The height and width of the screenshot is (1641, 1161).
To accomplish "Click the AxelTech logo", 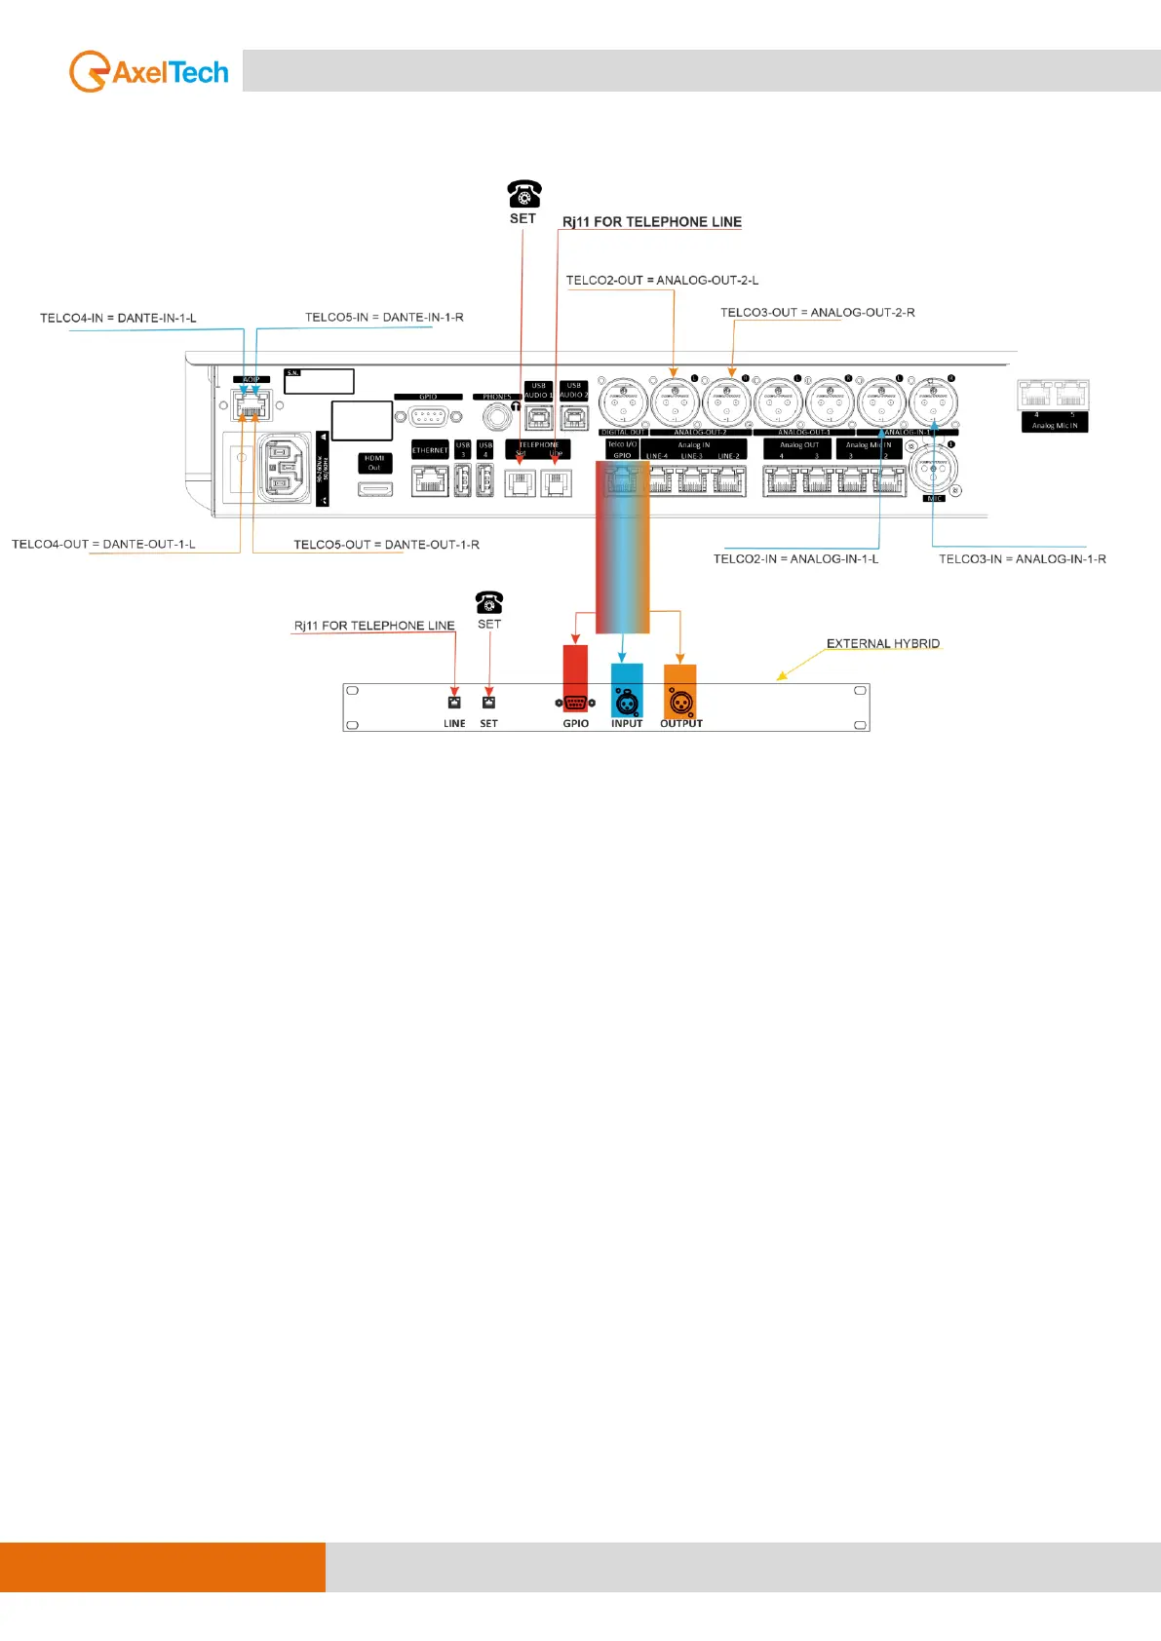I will (x=149, y=72).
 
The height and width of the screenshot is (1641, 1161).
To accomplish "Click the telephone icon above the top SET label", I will (x=523, y=193).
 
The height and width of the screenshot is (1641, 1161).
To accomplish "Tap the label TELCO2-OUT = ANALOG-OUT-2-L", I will (x=662, y=281).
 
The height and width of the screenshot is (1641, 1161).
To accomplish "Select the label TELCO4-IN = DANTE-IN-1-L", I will (x=118, y=319).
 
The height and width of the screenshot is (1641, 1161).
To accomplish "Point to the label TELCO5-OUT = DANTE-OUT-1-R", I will (x=386, y=545).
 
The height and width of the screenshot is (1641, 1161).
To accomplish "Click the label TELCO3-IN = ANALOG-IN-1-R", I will (x=1022, y=559).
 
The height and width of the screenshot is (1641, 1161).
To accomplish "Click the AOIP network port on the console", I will (x=252, y=404).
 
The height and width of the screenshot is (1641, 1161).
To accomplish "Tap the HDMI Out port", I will (x=375, y=487).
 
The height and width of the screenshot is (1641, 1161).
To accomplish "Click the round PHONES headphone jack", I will (x=497, y=417).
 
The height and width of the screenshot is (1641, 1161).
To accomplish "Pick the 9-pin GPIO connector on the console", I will (x=428, y=416).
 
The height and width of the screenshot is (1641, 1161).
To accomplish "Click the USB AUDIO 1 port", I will (x=539, y=417).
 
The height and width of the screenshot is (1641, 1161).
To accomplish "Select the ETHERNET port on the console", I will (x=430, y=480).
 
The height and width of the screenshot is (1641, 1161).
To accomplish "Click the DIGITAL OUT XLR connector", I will (x=623, y=402).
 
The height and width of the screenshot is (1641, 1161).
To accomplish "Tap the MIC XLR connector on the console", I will (x=934, y=470).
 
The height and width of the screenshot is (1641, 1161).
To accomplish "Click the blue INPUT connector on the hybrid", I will (x=627, y=702).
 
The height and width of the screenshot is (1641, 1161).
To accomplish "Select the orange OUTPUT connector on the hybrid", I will (x=680, y=702).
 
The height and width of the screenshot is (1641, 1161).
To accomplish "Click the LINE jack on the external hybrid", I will (x=454, y=702).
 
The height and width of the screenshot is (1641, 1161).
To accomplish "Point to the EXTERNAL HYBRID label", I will (x=883, y=644).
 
